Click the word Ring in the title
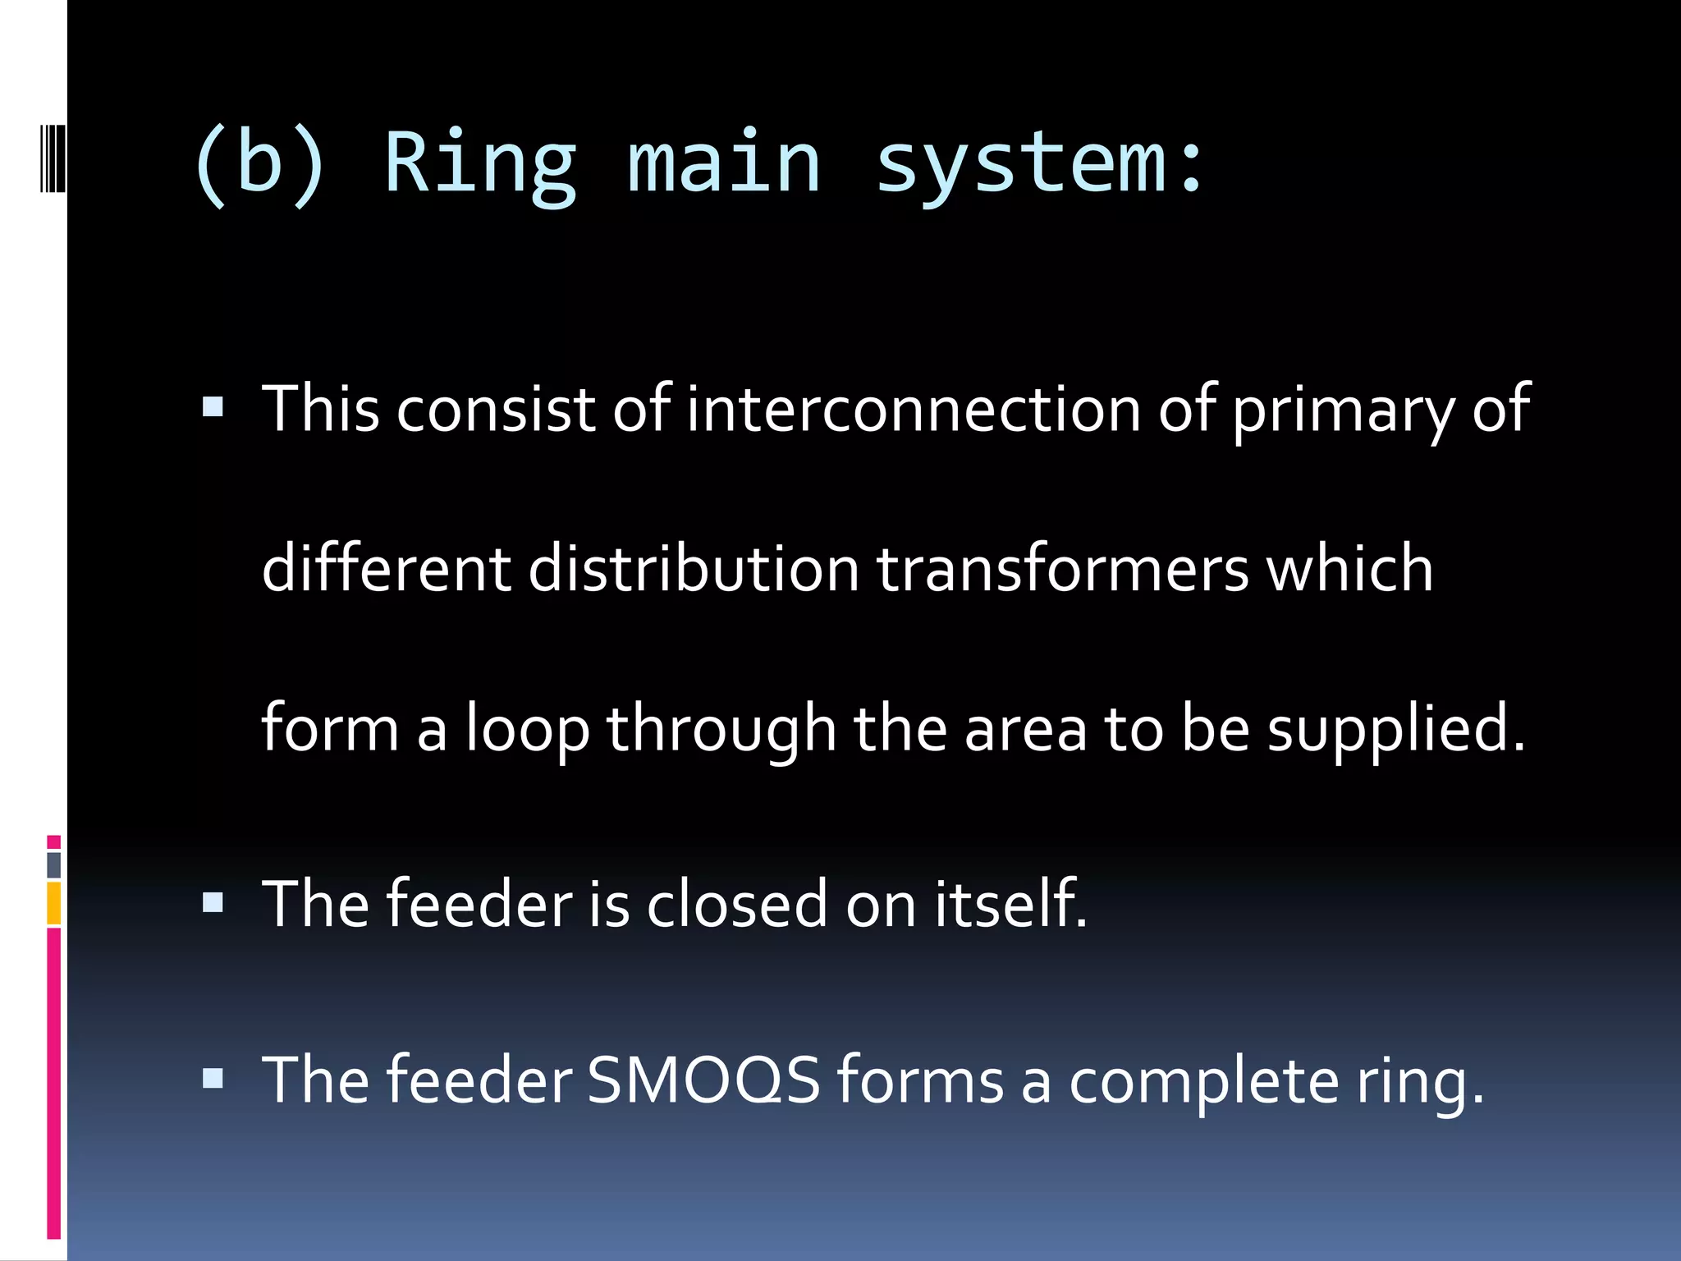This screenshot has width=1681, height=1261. pos(480,164)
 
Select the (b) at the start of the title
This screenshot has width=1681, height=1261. pos(259,164)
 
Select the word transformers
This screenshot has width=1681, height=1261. pos(1062,568)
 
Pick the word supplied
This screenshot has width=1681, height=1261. pos(1395,729)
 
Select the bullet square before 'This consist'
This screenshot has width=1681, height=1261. pos(213,406)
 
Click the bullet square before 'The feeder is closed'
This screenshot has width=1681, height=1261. pos(213,903)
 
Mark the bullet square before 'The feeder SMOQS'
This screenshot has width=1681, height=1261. pos(213,1078)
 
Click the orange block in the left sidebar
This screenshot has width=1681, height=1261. pos(54,903)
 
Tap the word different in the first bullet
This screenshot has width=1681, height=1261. pos(386,568)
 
